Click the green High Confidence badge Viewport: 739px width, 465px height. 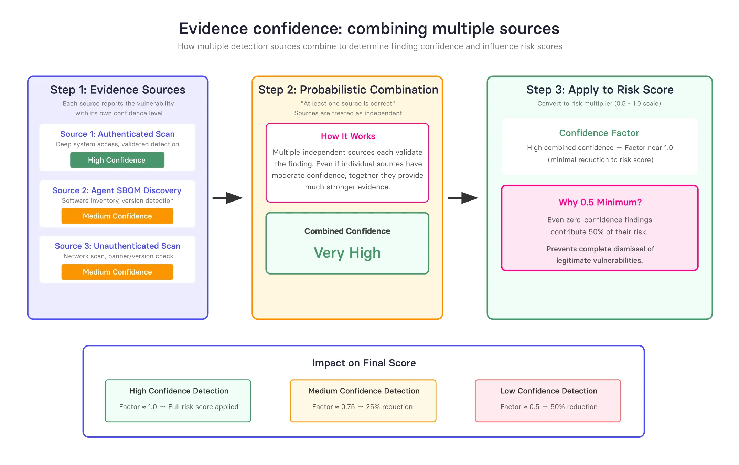tap(117, 160)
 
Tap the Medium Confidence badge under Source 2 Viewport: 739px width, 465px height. tap(117, 216)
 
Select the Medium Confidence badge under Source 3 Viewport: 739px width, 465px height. tap(117, 272)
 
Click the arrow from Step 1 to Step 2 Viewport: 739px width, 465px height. tap(228, 198)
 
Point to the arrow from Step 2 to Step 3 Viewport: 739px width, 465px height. tap(463, 198)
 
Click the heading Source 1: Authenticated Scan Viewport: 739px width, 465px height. tap(117, 134)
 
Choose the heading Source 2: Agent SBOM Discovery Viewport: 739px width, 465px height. tap(117, 190)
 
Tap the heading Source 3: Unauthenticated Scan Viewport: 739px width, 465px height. tap(117, 246)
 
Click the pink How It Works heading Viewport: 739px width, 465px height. tap(348, 136)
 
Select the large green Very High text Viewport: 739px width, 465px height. tap(347, 253)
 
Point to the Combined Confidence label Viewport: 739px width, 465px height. tap(347, 231)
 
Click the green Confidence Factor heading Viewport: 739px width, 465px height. tap(599, 133)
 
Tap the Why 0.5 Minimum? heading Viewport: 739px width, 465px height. tap(600, 202)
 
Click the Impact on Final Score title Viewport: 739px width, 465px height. tap(364, 363)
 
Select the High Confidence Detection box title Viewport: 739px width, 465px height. tap(179, 391)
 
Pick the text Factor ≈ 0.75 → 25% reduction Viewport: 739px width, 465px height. tap(362, 407)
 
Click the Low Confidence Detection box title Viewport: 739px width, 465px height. tap(549, 391)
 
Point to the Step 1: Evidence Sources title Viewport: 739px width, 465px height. tap(118, 90)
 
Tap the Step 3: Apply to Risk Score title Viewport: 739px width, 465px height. tap(600, 90)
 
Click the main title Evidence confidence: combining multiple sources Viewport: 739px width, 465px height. tap(369, 29)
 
